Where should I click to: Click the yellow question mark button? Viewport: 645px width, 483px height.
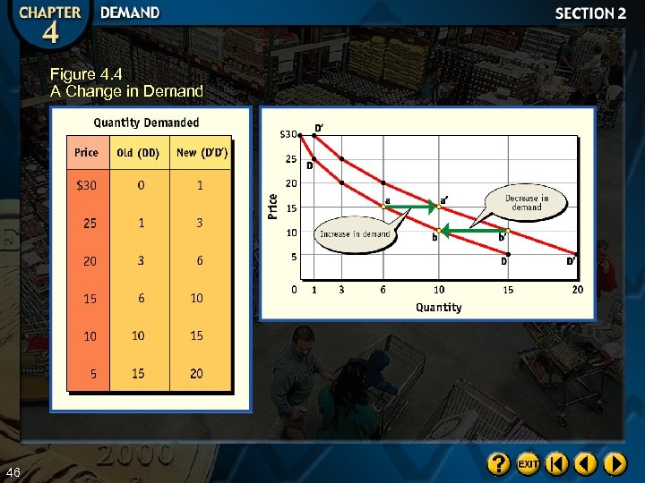pos(499,463)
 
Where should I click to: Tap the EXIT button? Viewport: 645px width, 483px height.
pos(528,463)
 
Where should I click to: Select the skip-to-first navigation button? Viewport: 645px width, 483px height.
pos(557,463)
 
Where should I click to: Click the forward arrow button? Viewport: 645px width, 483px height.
pos(615,463)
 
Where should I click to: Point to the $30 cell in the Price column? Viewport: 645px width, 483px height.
pos(87,185)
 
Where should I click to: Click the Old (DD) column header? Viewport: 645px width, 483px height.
pos(138,153)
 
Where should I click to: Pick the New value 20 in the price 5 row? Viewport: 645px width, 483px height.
pos(196,373)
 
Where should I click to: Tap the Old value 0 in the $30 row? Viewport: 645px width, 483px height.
pos(141,185)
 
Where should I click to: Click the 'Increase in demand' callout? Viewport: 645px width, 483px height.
pos(355,233)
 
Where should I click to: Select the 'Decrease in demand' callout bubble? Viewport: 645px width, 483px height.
pos(526,203)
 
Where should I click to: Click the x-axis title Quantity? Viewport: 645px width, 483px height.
pos(438,308)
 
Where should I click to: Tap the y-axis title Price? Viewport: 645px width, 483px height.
pos(272,207)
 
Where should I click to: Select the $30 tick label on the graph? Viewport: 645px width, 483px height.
pos(288,135)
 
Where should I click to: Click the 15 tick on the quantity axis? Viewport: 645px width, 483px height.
pos(508,290)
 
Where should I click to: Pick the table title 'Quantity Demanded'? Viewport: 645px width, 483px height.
pos(147,123)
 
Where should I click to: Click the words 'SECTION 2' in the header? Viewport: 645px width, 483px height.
pos(590,13)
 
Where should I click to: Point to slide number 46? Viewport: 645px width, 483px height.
pos(13,471)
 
